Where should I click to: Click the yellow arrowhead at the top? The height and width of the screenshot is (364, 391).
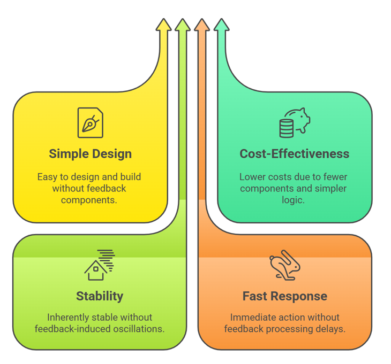[164, 25]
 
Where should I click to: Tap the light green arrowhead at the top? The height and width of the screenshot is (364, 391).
[183, 25]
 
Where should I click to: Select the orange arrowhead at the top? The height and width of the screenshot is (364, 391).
[202, 25]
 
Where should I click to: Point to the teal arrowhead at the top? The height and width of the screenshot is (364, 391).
[221, 25]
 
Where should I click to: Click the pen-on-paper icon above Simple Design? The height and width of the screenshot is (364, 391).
[90, 122]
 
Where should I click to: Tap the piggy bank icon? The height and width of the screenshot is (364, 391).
[294, 123]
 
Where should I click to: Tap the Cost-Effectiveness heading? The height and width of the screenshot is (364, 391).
[294, 154]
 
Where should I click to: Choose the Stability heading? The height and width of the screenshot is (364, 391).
[100, 296]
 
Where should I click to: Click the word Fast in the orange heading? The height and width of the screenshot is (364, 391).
[254, 296]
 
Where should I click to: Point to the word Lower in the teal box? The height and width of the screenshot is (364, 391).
[252, 177]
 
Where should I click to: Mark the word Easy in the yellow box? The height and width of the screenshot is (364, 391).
[47, 177]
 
